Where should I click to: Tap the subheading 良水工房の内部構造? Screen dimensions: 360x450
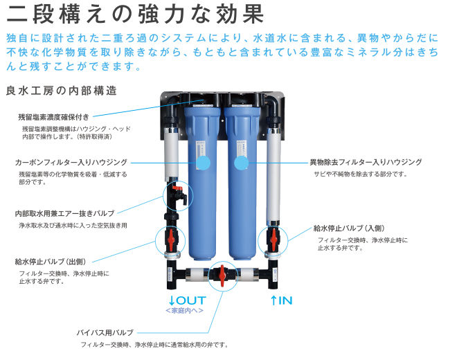(x=61, y=91)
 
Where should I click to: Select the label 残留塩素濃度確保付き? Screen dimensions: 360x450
(x=54, y=118)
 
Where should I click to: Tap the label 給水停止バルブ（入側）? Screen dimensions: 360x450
(x=353, y=228)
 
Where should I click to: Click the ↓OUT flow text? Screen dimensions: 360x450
(x=187, y=300)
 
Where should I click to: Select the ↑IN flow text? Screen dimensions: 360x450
(x=281, y=300)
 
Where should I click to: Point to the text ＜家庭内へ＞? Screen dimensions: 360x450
(x=184, y=311)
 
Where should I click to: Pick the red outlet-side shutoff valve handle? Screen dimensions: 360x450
(x=171, y=240)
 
